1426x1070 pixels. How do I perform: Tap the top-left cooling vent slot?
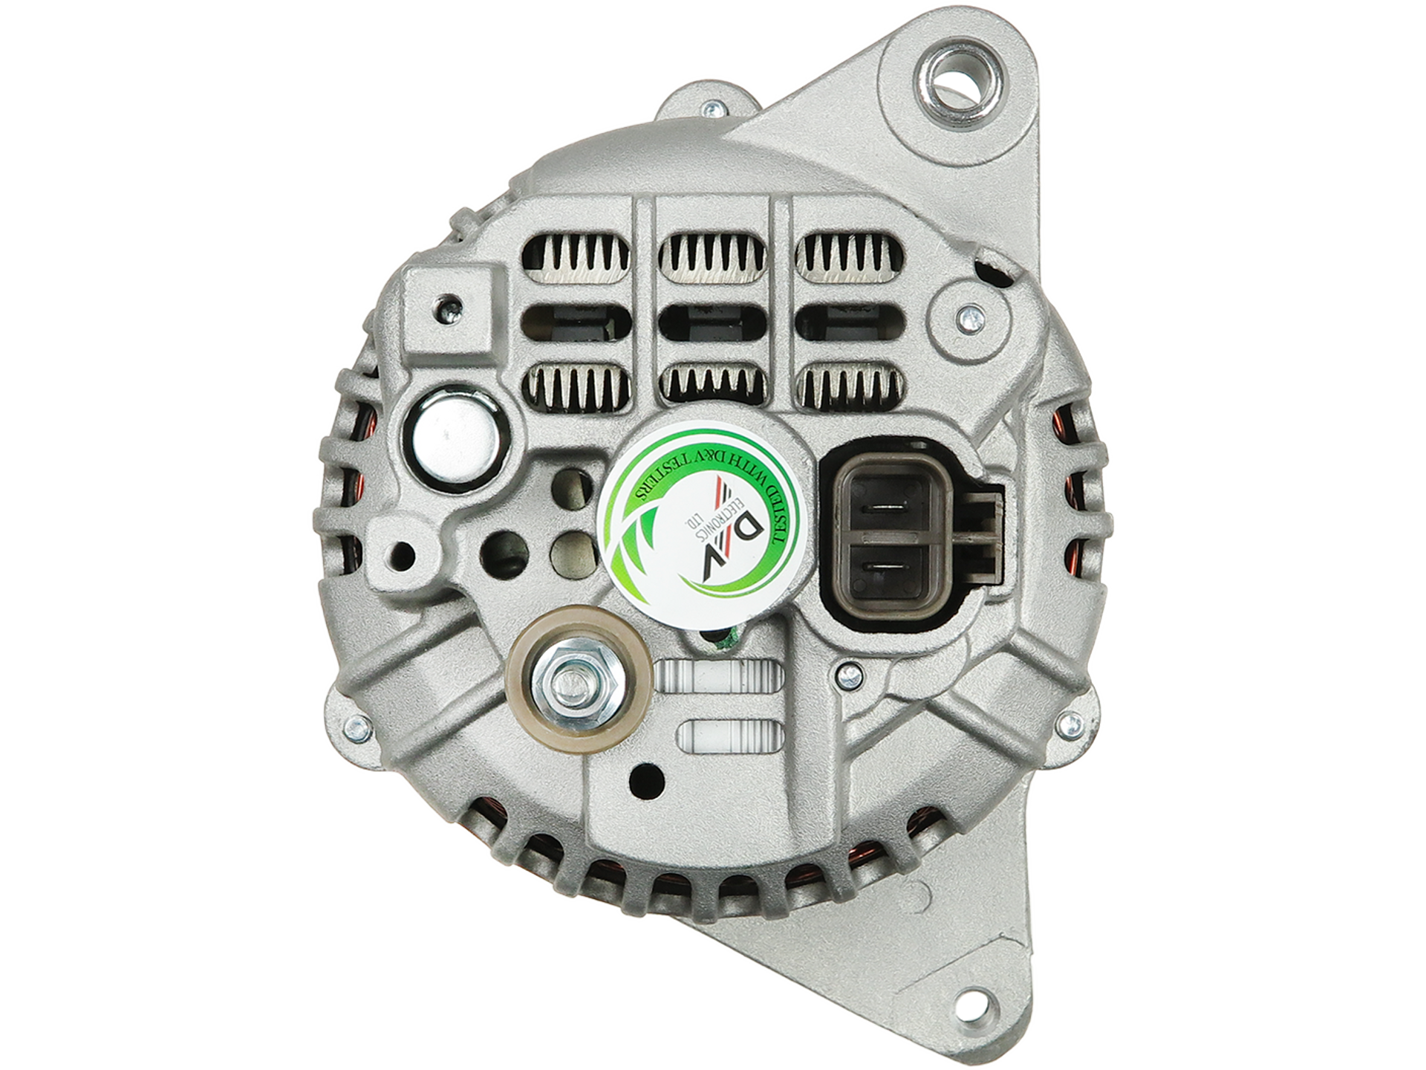pos(576,259)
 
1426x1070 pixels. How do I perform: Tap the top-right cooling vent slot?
pos(850,259)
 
